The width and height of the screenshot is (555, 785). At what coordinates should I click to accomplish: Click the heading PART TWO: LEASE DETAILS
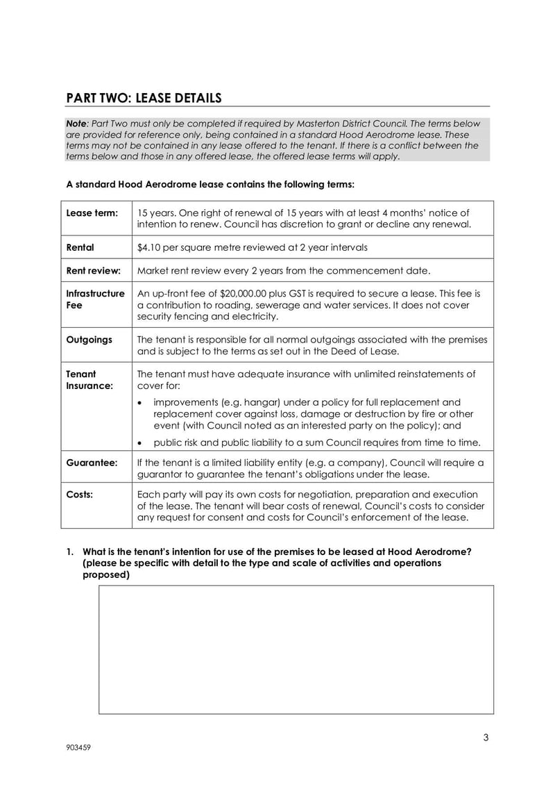coord(144,97)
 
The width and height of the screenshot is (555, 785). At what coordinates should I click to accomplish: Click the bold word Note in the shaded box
coord(76,124)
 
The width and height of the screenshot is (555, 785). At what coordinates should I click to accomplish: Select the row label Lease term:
coord(92,213)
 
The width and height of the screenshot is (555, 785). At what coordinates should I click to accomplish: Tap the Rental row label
coord(80,247)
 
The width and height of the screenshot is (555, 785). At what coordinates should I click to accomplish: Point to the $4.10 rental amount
coord(151,247)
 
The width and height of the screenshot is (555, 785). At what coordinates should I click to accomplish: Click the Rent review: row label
coord(93,270)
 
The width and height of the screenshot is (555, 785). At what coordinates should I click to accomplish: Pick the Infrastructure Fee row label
coord(95,299)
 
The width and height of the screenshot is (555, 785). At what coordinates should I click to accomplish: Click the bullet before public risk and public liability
coord(141,443)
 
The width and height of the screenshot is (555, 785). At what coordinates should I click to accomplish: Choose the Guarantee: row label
coord(92,462)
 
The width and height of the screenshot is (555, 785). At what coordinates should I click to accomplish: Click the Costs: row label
coord(80,495)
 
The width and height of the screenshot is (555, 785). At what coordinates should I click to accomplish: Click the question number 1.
coord(70,552)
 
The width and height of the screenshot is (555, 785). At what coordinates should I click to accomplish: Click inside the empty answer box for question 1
coord(296,649)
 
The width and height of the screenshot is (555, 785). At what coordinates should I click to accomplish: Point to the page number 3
coord(486,738)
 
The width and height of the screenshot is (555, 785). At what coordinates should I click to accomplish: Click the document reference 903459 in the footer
coord(79,748)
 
